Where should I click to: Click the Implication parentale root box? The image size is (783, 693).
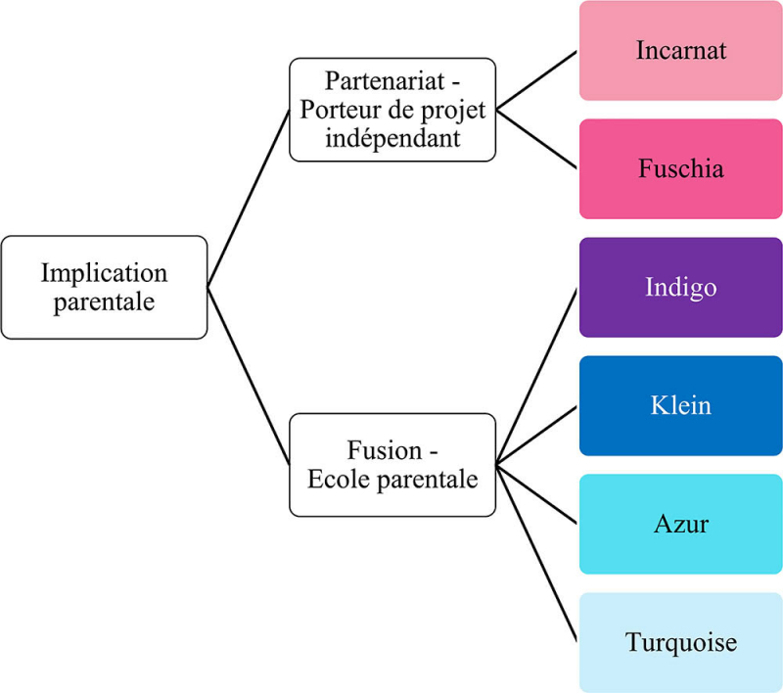[x=104, y=288]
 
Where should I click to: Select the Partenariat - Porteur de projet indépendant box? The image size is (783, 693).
[x=392, y=110]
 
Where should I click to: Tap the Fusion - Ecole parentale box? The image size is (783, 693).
[x=392, y=465]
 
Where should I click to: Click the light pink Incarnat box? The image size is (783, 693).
[x=680, y=51]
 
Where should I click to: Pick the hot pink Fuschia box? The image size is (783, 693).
[x=680, y=169]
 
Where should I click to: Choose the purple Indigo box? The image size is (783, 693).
[x=680, y=288]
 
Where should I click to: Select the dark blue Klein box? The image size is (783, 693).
[x=680, y=405]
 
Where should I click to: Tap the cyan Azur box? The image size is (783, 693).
[x=680, y=525]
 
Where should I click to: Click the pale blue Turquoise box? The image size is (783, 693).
[x=680, y=643]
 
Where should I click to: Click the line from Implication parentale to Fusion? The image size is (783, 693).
[x=249, y=376]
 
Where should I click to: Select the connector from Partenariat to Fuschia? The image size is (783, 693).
[x=537, y=139]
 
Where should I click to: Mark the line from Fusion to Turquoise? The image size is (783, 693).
[x=537, y=553]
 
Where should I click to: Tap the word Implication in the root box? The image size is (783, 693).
[x=104, y=273]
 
